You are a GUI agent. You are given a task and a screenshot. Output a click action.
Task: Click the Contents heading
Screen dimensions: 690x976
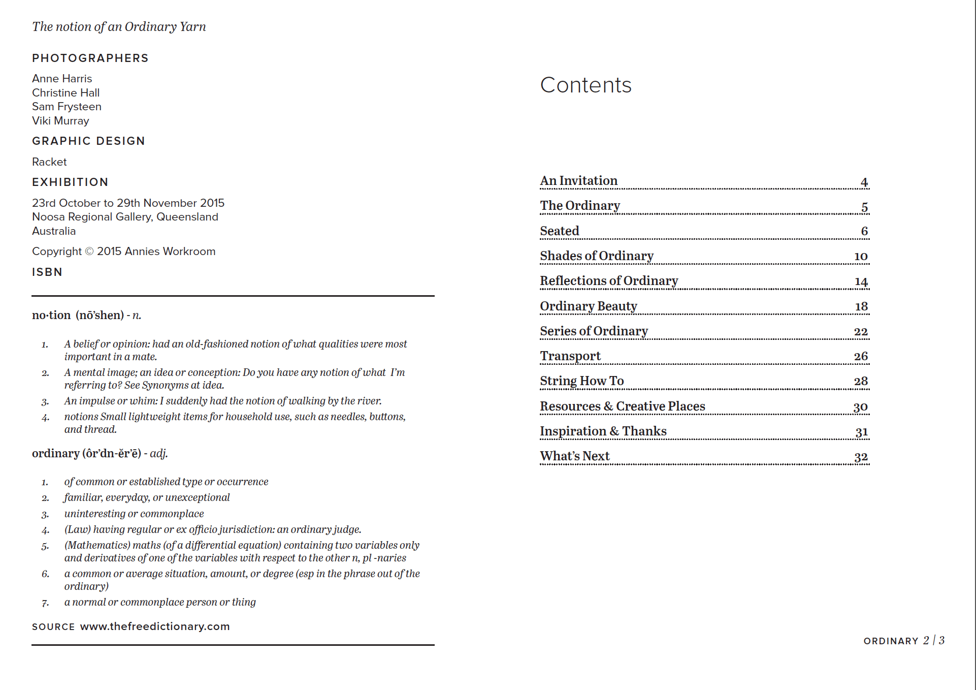pyautogui.click(x=585, y=85)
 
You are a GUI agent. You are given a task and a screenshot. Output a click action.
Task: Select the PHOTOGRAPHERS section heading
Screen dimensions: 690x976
pyautogui.click(x=90, y=58)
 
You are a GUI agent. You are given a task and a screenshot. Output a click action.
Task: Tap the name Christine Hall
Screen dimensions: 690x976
pyautogui.click(x=66, y=93)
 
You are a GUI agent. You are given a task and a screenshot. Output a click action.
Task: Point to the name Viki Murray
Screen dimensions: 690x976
pyautogui.click(x=60, y=121)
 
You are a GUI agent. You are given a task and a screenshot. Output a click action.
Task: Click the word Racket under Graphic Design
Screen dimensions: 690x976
pyautogui.click(x=49, y=162)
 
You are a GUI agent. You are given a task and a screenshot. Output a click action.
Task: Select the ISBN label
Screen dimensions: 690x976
pyautogui.click(x=47, y=272)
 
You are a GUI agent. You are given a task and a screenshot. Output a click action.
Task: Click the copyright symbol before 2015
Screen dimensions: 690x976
pyautogui.click(x=89, y=252)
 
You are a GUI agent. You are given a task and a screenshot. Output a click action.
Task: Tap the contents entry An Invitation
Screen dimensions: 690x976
pyautogui.click(x=578, y=181)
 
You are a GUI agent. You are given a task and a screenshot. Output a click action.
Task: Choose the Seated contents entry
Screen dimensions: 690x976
pyautogui.click(x=559, y=231)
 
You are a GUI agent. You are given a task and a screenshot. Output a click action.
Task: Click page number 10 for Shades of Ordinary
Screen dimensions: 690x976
pyautogui.click(x=861, y=256)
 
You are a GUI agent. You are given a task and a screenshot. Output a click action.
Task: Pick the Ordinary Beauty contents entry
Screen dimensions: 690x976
pyautogui.click(x=588, y=306)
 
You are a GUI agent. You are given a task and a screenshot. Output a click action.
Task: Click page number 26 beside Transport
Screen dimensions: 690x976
pyautogui.click(x=861, y=356)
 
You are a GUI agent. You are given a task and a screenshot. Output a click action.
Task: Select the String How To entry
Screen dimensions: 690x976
pyautogui.click(x=581, y=381)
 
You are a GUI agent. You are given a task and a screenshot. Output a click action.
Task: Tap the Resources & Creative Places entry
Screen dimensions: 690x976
pyautogui.click(x=622, y=406)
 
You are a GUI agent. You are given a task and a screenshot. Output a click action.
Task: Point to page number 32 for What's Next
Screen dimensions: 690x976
pyautogui.click(x=861, y=457)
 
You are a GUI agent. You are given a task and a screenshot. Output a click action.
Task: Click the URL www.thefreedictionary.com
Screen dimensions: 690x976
pyautogui.click(x=155, y=626)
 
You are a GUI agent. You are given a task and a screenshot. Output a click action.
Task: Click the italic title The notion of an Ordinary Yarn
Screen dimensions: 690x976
pyautogui.click(x=119, y=27)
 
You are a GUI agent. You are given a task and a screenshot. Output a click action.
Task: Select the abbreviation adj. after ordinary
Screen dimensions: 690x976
pyautogui.click(x=158, y=453)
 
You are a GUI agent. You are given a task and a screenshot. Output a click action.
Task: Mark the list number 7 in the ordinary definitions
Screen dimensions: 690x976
pyautogui.click(x=45, y=603)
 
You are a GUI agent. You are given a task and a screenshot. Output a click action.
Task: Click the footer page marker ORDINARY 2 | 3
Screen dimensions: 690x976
pyautogui.click(x=903, y=641)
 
